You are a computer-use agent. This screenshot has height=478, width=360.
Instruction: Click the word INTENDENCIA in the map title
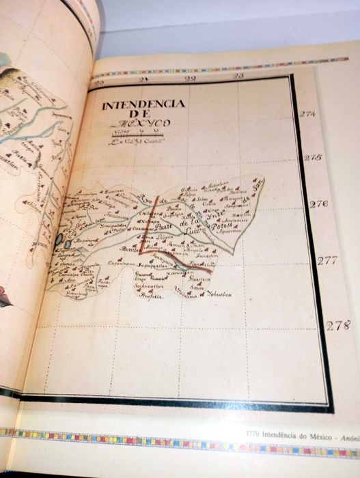(x=142, y=104)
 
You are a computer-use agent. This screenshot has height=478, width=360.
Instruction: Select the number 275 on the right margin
(x=312, y=158)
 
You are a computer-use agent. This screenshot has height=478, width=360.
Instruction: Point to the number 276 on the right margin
(x=318, y=203)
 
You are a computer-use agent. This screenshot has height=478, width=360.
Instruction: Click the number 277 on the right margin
(x=327, y=260)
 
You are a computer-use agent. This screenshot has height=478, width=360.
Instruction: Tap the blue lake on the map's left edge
(x=60, y=240)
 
